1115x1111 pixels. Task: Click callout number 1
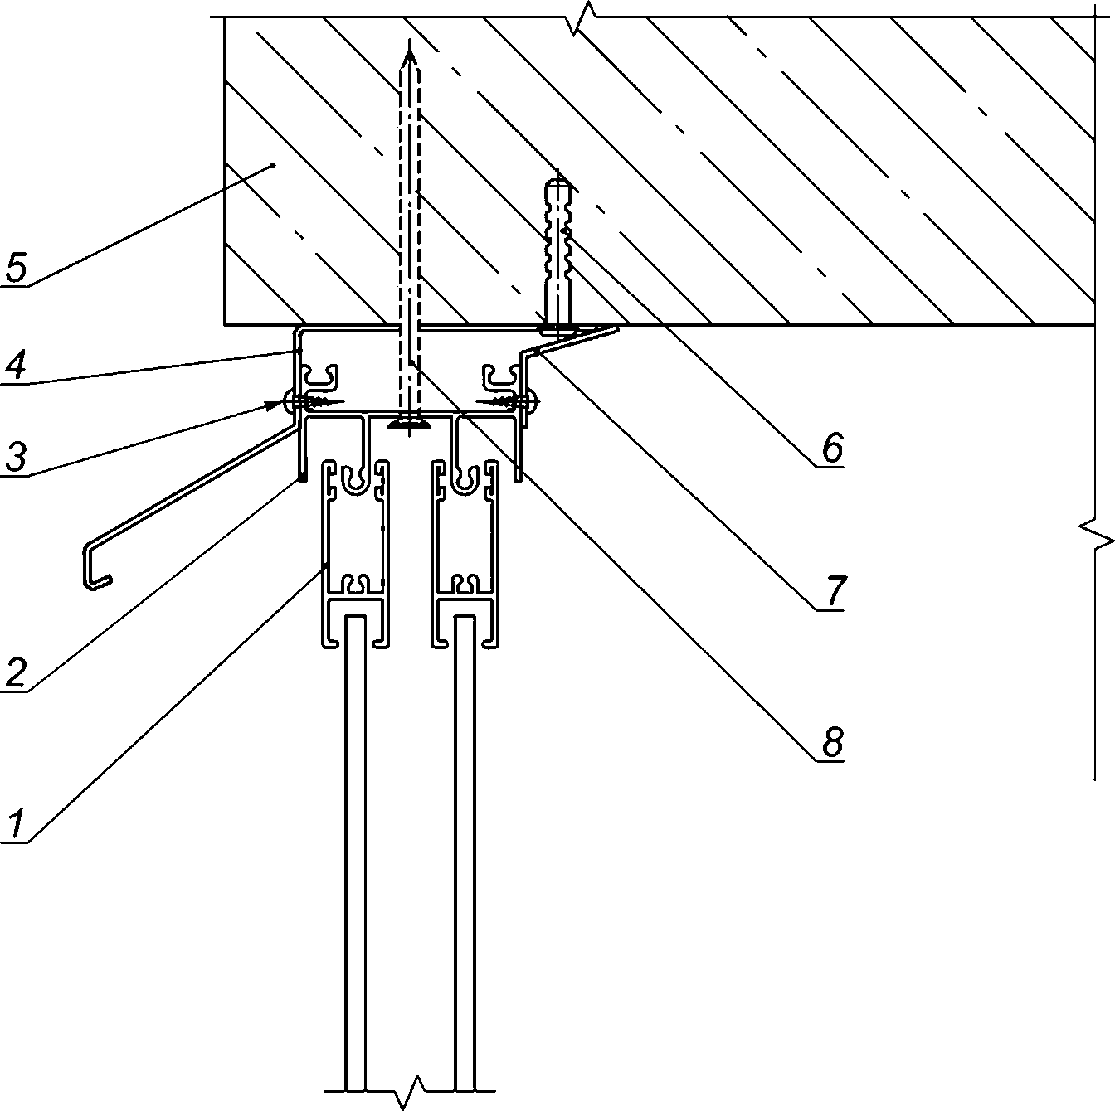point(16,825)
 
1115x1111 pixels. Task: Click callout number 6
point(831,449)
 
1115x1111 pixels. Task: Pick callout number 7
point(832,592)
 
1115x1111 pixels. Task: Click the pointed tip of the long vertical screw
point(408,51)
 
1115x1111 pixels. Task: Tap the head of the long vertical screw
point(408,424)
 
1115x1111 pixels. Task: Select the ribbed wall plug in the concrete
point(557,240)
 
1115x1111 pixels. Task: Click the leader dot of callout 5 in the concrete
point(273,167)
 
